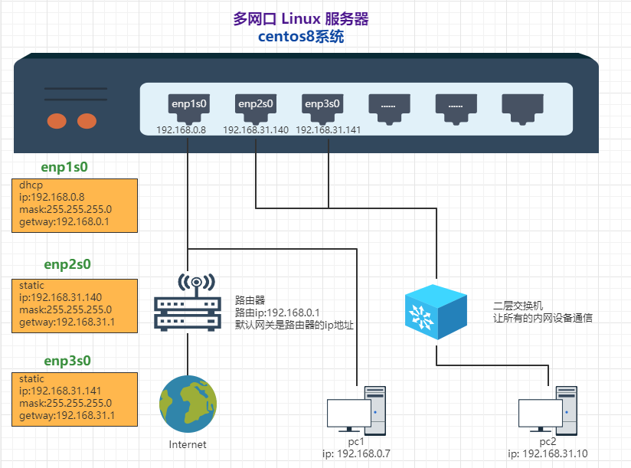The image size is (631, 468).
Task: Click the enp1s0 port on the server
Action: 190,108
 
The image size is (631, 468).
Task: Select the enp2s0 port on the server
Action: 256,108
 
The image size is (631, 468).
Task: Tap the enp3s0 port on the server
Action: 322,108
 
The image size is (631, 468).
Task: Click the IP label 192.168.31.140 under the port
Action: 256,130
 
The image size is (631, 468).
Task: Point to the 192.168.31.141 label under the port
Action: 328,130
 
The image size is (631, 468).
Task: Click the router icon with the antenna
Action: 188,303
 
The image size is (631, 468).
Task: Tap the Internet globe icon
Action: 188,403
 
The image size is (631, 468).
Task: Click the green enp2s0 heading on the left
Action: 67,265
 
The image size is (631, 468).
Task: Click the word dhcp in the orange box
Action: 31,185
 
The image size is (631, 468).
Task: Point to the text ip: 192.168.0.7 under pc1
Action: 357,454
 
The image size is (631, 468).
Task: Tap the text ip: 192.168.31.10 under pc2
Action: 548,454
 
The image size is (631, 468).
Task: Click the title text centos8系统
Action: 301,37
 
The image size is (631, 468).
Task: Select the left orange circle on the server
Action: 57,120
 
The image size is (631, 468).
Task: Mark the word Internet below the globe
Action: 188,444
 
